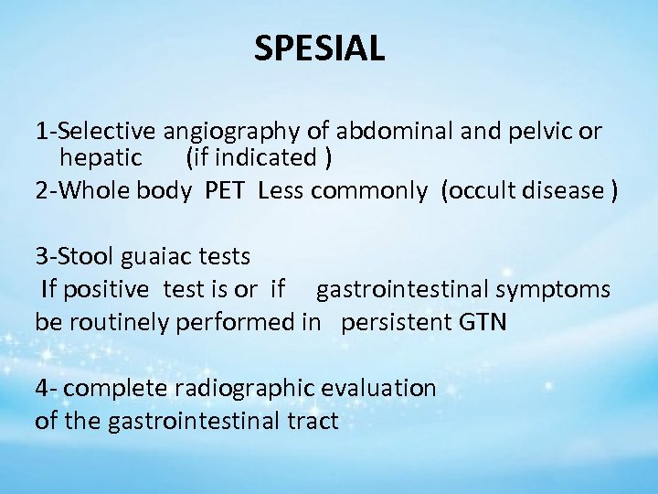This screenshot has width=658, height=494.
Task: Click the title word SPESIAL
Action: pyautogui.click(x=320, y=48)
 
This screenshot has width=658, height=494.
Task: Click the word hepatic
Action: pyautogui.click(x=101, y=158)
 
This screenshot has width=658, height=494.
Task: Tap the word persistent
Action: pyautogui.click(x=398, y=323)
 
